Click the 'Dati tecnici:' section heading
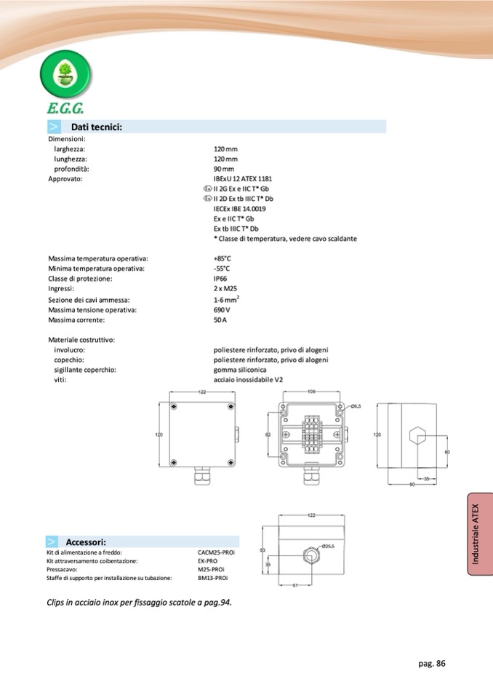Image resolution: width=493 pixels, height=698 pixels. pos(95,127)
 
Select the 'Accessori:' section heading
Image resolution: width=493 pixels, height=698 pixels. pos(86,542)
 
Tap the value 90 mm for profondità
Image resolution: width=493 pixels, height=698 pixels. pos(224,169)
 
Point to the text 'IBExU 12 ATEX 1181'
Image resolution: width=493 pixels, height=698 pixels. pos(243,178)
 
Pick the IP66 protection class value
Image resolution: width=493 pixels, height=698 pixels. pos(220,279)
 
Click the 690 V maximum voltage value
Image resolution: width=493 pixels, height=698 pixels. pos(221,309)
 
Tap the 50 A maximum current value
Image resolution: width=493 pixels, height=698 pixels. pos(220,320)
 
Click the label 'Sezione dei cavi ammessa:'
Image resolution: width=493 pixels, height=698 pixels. pos(89,299)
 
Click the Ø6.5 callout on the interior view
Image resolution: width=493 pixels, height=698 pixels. pos(356,406)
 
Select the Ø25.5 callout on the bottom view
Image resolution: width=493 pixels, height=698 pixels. pos(327,545)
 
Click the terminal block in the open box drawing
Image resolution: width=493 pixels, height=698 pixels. pos(311,434)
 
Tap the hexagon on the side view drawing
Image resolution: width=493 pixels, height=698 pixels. pos(417,435)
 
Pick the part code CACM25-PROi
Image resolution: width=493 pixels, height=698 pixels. pos(216,553)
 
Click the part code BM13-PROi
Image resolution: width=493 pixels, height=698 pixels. pos(213,578)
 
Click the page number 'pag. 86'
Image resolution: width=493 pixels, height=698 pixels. pos(431,663)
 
